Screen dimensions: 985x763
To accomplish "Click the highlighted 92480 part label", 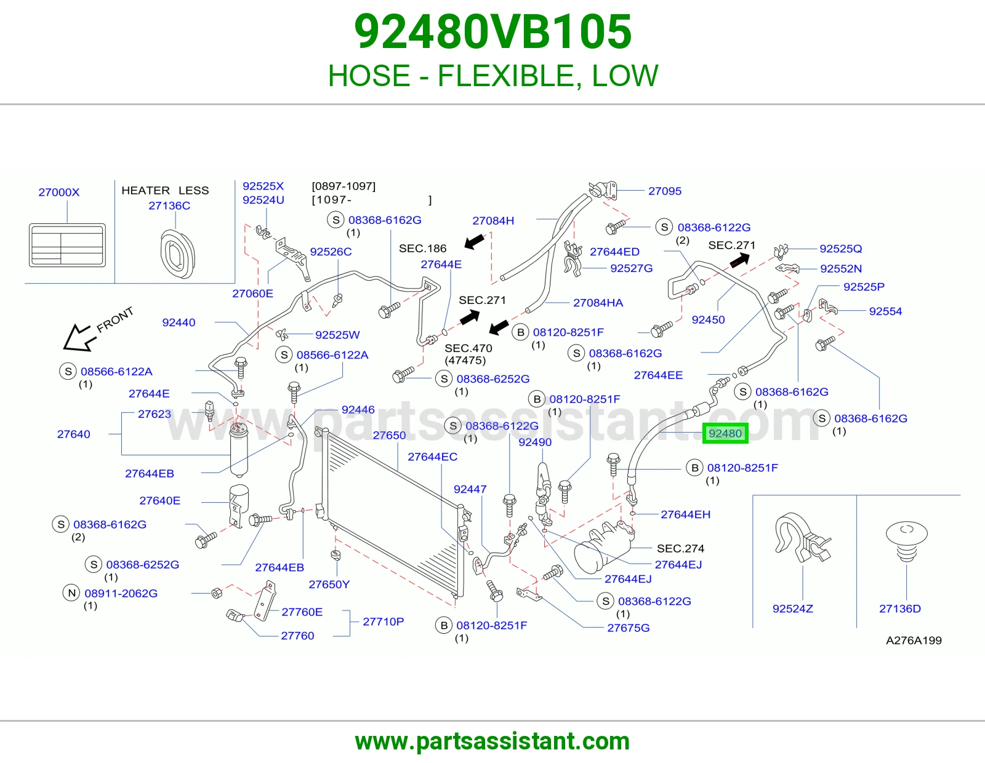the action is (x=725, y=433).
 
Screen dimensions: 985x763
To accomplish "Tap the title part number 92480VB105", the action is (x=492, y=32).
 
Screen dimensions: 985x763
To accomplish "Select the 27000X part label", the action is (x=59, y=192).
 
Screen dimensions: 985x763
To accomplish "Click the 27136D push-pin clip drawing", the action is (x=907, y=541).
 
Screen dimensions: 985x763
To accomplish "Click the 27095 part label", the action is (x=664, y=191).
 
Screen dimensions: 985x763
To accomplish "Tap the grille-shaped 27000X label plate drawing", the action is (x=67, y=245).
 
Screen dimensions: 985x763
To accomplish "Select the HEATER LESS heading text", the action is (x=165, y=190).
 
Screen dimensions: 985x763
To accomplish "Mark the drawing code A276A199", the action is (x=914, y=640).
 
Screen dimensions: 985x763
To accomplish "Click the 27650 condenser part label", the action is (x=389, y=435).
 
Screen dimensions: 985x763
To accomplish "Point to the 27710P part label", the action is (x=383, y=621).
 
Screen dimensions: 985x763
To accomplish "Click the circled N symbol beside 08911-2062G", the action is (x=71, y=593).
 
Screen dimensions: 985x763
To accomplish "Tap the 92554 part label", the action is (x=885, y=311).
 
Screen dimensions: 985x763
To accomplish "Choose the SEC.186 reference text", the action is (x=422, y=249).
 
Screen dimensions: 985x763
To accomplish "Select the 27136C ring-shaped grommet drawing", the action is (x=178, y=254).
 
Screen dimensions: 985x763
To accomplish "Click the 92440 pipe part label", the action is (x=179, y=322).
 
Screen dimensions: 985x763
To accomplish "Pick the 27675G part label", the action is (x=629, y=628).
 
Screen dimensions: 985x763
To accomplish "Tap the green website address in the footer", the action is (x=492, y=741).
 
